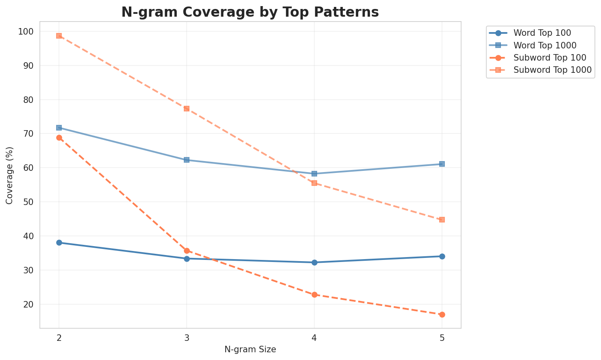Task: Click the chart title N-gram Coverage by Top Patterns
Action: [x=250, y=12]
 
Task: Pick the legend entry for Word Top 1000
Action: [x=545, y=45]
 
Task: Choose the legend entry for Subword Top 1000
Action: [x=552, y=70]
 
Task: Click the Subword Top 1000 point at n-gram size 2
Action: [x=59, y=36]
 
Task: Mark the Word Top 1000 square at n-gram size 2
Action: [x=59, y=128]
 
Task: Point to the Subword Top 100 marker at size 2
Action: [x=59, y=137]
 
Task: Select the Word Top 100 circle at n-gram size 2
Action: [x=59, y=242]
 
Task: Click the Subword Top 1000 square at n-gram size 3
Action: [x=187, y=109]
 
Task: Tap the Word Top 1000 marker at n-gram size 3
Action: [x=187, y=160]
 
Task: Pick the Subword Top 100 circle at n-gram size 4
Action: [x=314, y=295]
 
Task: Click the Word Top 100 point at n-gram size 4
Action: [x=314, y=262]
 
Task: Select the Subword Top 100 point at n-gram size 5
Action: [x=442, y=314]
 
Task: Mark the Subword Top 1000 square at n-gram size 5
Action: [x=442, y=220]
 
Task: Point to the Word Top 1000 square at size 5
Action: [x=442, y=164]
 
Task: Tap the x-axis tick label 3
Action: [x=187, y=338]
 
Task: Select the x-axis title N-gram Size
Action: [x=250, y=350]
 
